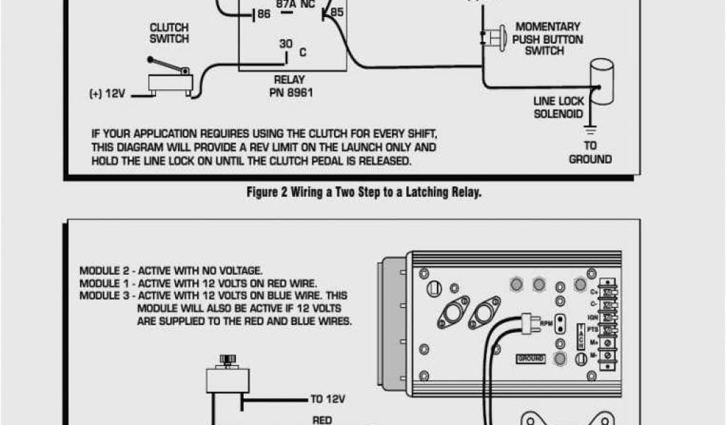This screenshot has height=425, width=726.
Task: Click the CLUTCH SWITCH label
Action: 169,33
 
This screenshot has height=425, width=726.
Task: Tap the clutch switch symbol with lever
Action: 169,77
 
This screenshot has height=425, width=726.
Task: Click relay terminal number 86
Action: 263,13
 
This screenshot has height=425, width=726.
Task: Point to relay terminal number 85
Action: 337,12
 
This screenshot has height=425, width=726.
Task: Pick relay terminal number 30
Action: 285,44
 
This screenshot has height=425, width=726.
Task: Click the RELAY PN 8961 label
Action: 291,86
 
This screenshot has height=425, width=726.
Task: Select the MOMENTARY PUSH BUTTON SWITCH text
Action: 548,38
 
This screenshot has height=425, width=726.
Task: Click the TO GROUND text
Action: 590,152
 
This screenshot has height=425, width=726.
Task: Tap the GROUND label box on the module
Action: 531,359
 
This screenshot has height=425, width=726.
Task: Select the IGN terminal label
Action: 593,317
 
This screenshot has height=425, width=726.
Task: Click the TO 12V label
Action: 328,399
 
